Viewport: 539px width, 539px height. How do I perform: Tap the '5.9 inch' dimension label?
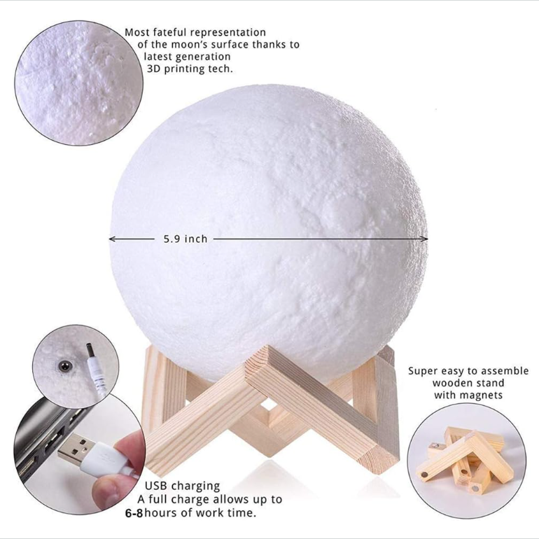pos(185,239)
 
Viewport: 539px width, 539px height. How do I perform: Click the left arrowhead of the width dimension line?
pos(112,239)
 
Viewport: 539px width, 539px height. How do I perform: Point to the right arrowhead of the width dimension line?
pos(425,239)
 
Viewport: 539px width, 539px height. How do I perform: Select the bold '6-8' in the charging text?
pos(134,514)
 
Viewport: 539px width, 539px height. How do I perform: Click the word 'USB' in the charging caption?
pos(156,486)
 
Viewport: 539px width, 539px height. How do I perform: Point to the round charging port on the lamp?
pos(64,365)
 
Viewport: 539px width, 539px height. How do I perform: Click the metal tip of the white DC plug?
pos(90,349)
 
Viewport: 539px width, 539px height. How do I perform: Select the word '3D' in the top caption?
pos(154,69)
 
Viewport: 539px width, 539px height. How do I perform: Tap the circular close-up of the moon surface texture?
pos(78,83)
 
